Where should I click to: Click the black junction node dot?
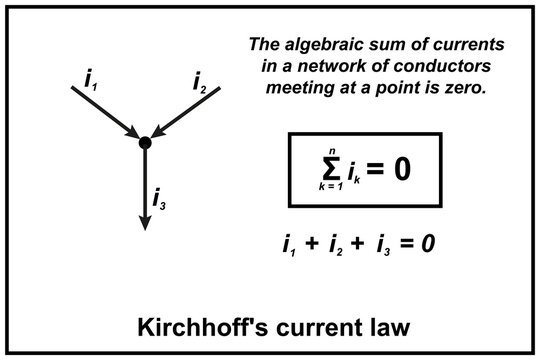coord(145,143)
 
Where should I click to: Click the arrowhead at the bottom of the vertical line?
coord(145,222)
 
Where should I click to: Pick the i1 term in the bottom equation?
coord(290,243)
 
